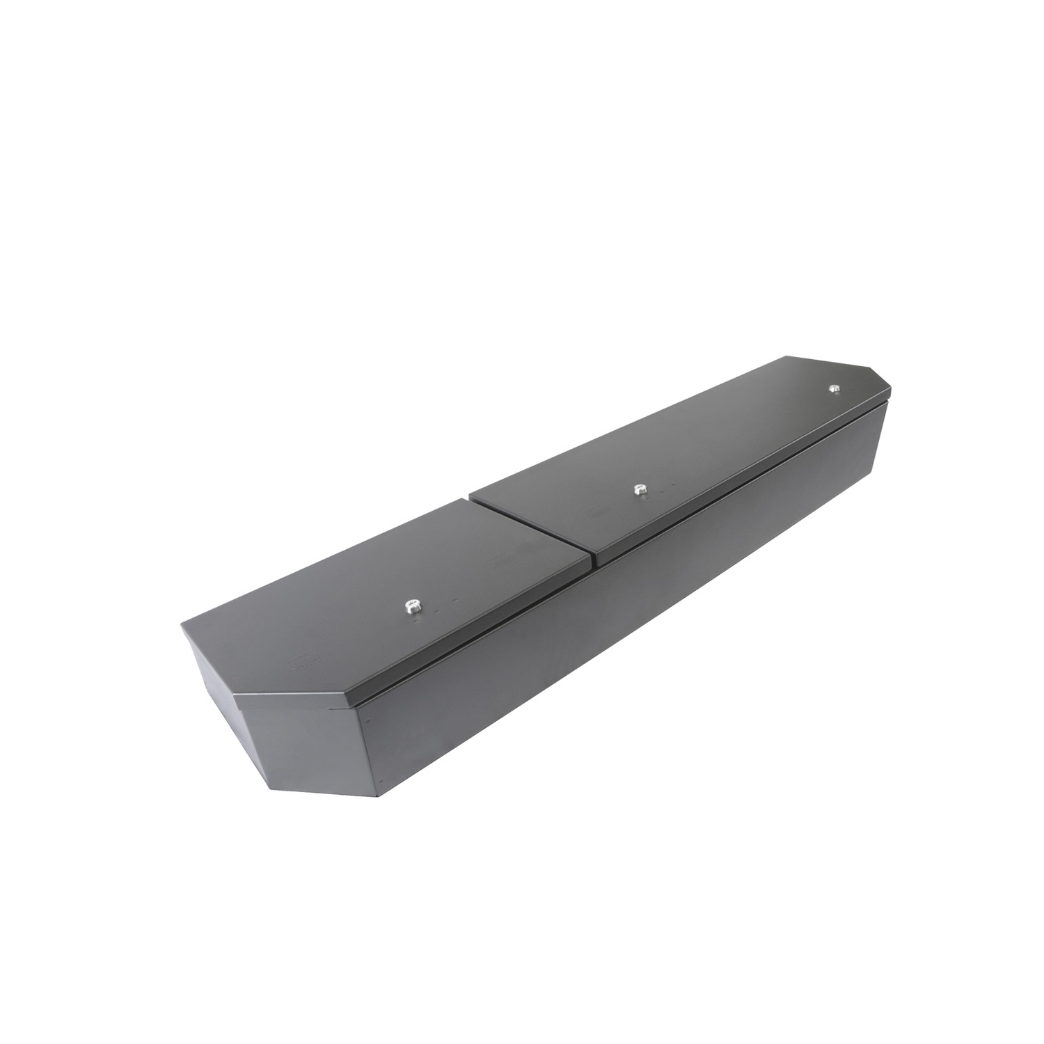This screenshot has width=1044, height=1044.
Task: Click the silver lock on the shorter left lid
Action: [x=413, y=607]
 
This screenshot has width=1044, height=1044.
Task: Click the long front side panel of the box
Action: [x=626, y=626]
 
